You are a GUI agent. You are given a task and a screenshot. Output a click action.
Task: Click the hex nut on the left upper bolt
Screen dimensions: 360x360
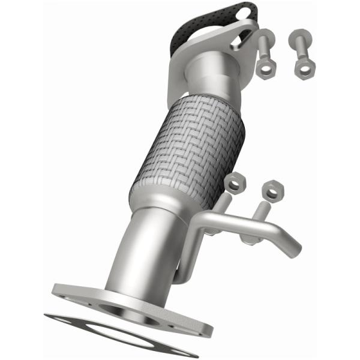[x=265, y=66]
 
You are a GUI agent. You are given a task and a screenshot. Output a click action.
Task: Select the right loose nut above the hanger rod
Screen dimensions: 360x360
[x=273, y=191]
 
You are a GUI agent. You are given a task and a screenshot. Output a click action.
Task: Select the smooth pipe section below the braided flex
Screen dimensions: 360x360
[x=144, y=246]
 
